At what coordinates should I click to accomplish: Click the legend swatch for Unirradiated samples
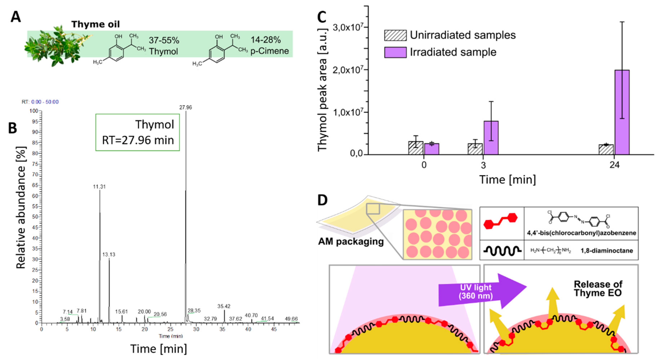[395, 35]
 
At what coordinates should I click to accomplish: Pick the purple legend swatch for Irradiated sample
[395, 52]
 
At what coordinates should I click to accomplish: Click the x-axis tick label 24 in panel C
[614, 165]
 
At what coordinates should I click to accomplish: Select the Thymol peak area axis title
[322, 90]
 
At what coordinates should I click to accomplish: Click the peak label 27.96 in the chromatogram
[185, 108]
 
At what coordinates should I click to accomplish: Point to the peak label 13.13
[109, 255]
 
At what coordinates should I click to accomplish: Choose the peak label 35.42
[224, 306]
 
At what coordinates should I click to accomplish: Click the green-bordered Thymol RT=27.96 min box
[138, 132]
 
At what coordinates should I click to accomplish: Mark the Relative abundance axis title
[21, 208]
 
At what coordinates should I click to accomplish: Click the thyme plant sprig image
[57, 46]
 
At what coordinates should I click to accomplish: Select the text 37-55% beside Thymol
[164, 40]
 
